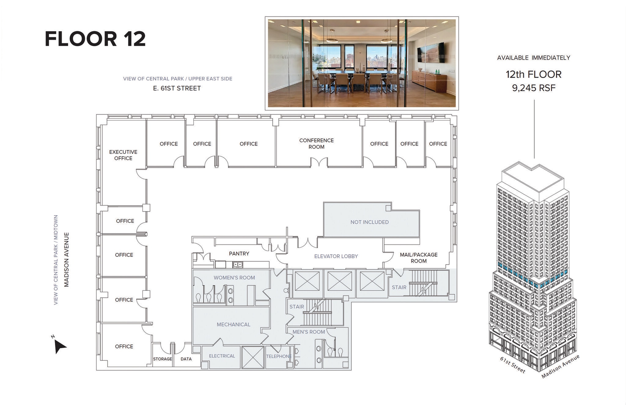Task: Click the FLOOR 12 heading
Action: pyautogui.click(x=95, y=39)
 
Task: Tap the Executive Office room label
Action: pyautogui.click(x=123, y=155)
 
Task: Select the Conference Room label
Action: pyautogui.click(x=316, y=144)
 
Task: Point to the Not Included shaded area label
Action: pyautogui.click(x=370, y=222)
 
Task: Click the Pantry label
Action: pyautogui.click(x=239, y=254)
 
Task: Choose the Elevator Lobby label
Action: pyautogui.click(x=336, y=256)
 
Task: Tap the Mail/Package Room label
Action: pyautogui.click(x=418, y=258)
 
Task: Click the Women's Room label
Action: pyautogui.click(x=234, y=278)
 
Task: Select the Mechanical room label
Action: pyautogui.click(x=234, y=325)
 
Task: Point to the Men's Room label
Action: pyautogui.click(x=309, y=332)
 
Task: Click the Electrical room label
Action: pyautogui.click(x=222, y=356)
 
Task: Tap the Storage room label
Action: pyautogui.click(x=162, y=359)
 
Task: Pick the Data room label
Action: pyautogui.click(x=186, y=359)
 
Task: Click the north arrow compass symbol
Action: pyautogui.click(x=59, y=346)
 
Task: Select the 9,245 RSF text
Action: pyautogui.click(x=533, y=88)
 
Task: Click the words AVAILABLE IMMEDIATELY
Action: pyautogui.click(x=533, y=58)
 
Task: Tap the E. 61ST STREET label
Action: pyautogui.click(x=177, y=88)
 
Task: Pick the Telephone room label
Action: pyautogui.click(x=279, y=356)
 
